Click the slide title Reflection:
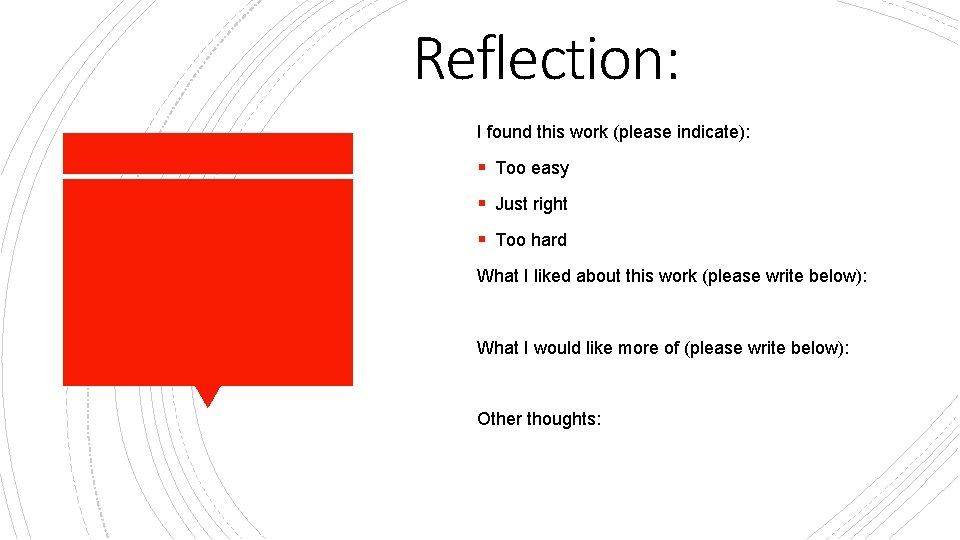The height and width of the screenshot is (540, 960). [546, 58]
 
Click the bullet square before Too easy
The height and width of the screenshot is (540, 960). [482, 167]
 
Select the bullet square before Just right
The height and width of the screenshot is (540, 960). [482, 203]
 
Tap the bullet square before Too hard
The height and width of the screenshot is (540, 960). [482, 239]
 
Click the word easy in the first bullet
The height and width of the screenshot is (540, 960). [550, 169]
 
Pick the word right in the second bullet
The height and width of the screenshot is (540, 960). [549, 205]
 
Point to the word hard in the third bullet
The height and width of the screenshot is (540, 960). [548, 240]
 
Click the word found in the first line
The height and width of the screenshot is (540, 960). [509, 132]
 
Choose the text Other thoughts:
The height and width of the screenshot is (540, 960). [539, 419]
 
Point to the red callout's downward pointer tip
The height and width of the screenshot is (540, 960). [208, 404]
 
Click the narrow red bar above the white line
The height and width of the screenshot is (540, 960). [208, 153]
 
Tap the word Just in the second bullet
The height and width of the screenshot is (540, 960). [511, 204]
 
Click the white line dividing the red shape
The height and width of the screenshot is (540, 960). [208, 177]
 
